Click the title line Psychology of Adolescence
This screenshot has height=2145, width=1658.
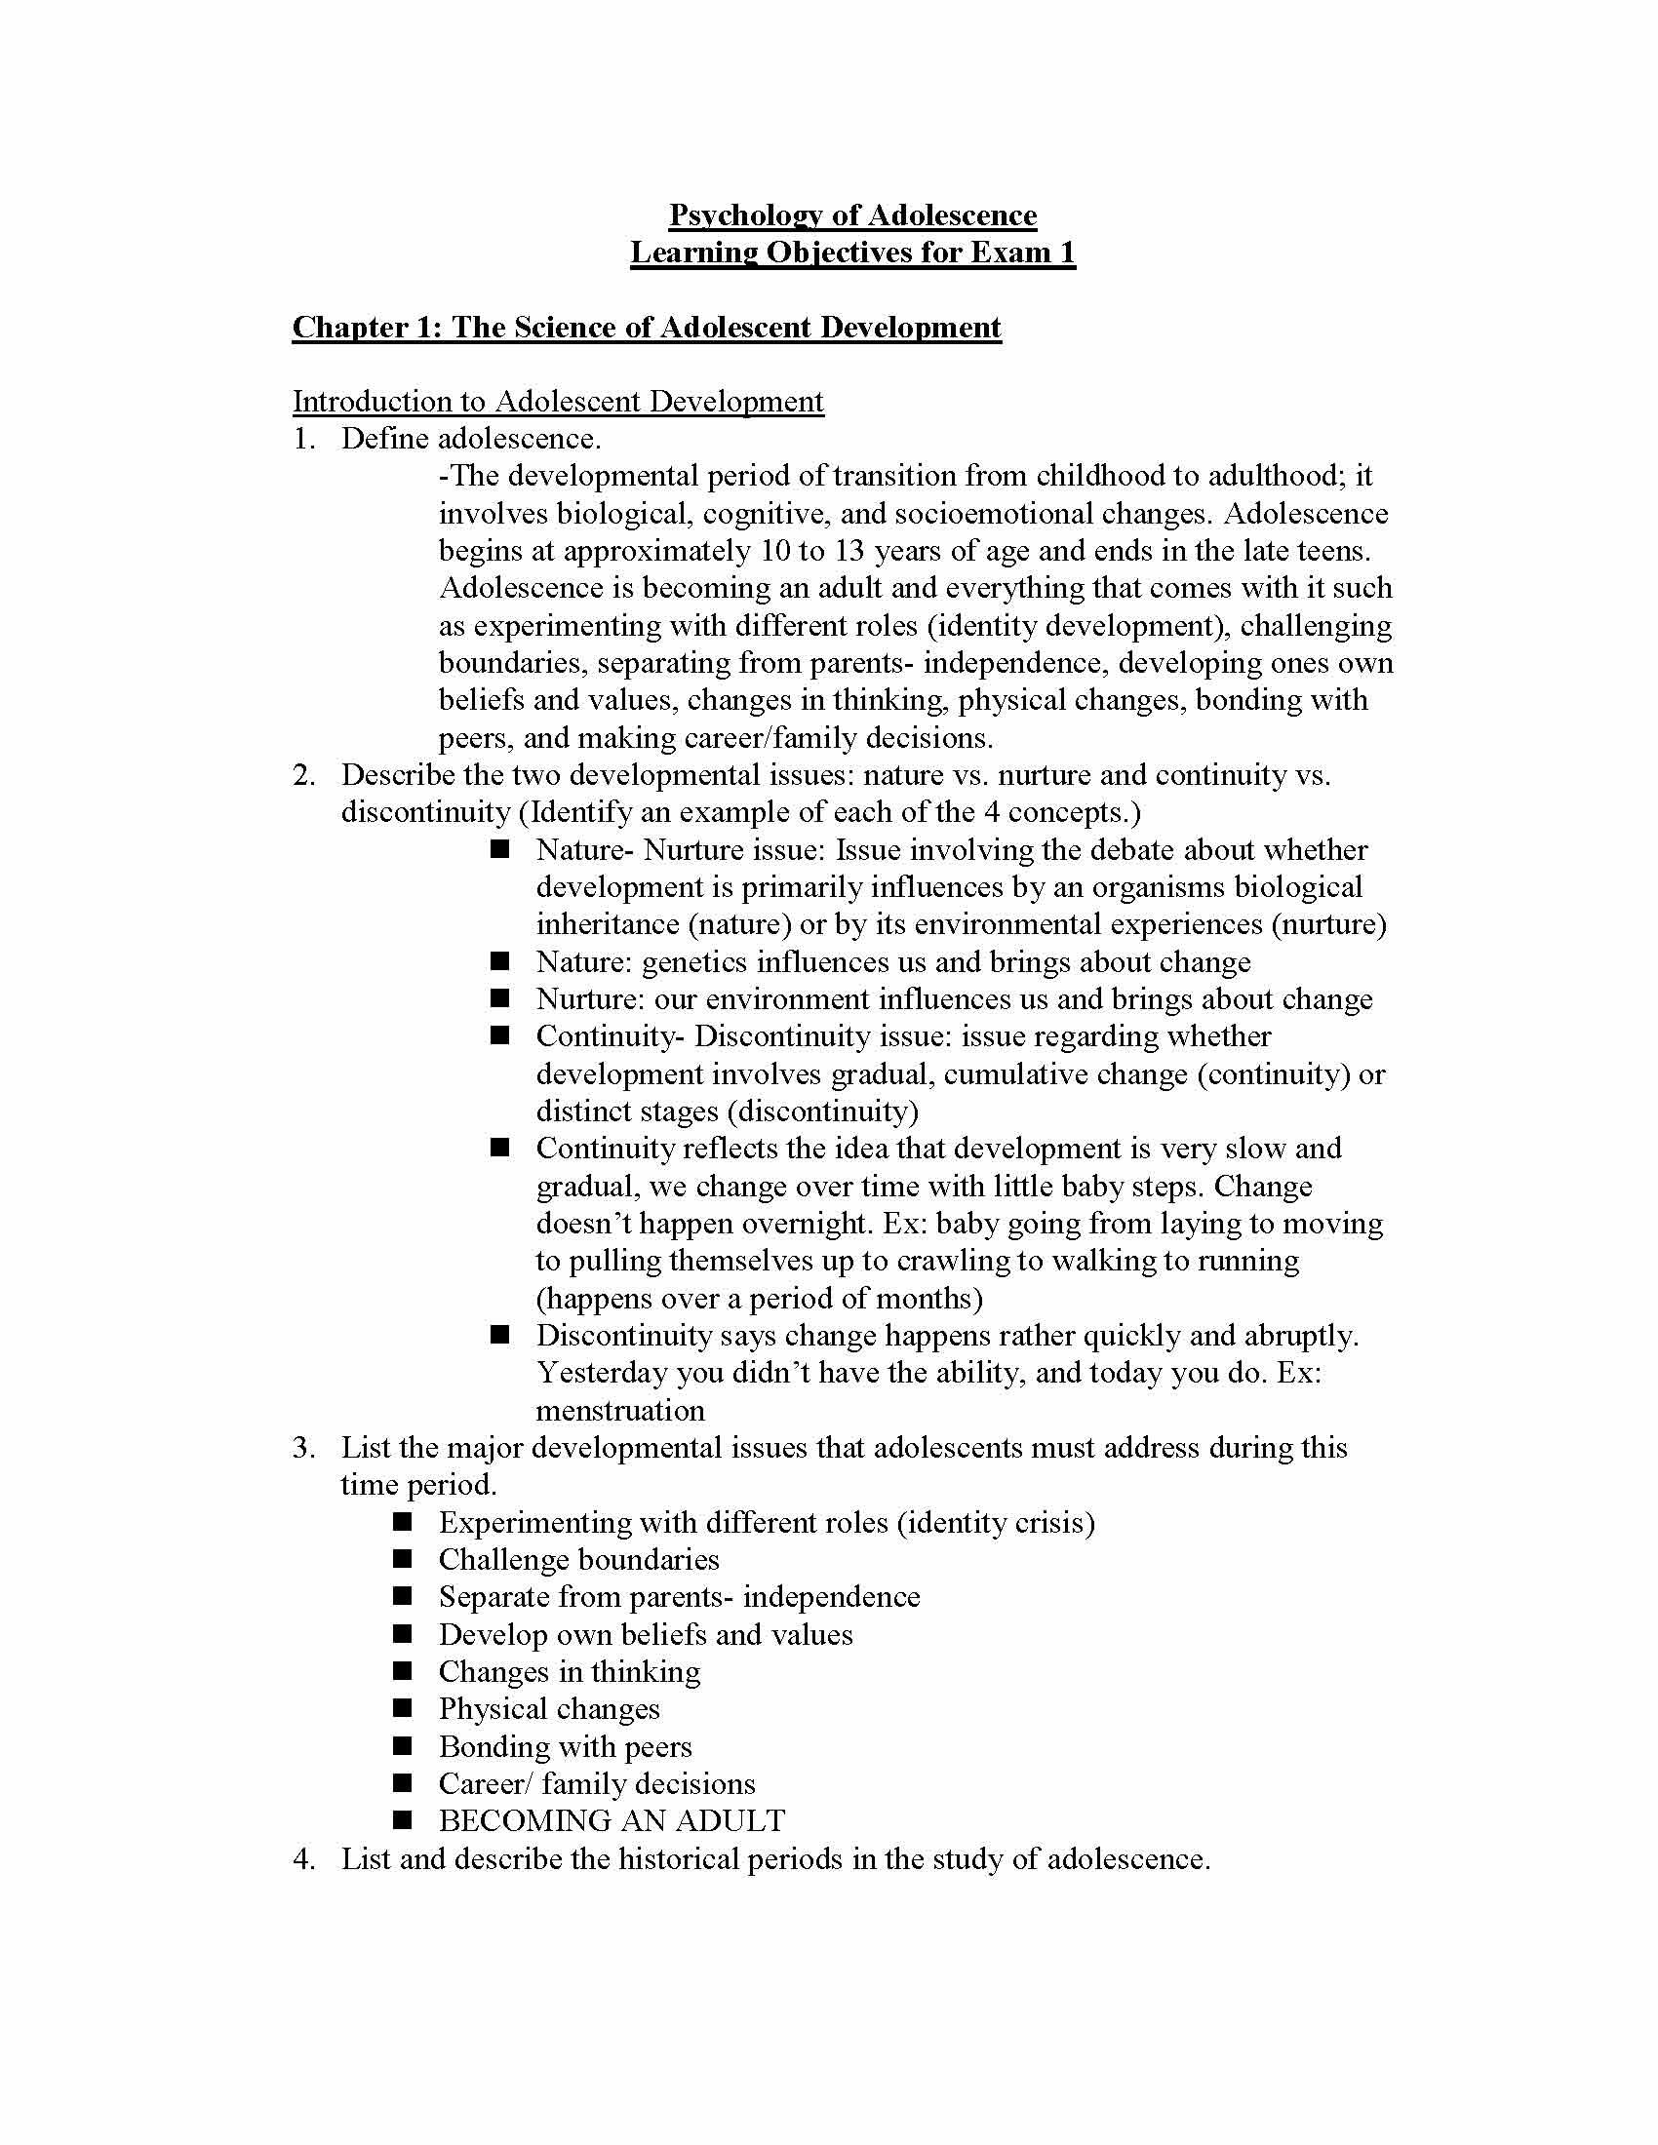click(x=851, y=215)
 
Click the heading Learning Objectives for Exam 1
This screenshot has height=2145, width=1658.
click(x=851, y=253)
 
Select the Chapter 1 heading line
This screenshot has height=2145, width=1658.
click(x=647, y=327)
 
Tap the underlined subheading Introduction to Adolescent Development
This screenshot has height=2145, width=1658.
click(x=558, y=402)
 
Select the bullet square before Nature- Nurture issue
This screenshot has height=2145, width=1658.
click(x=501, y=848)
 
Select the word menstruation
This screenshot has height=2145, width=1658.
click(x=619, y=1411)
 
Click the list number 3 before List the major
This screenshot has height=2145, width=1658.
click(x=302, y=1448)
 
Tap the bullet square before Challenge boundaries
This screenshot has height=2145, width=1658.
click(x=403, y=1559)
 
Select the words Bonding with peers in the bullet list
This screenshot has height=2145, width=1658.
click(x=565, y=1746)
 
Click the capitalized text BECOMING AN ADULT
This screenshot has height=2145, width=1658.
click(x=611, y=1821)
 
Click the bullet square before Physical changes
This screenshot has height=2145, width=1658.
click(x=403, y=1708)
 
